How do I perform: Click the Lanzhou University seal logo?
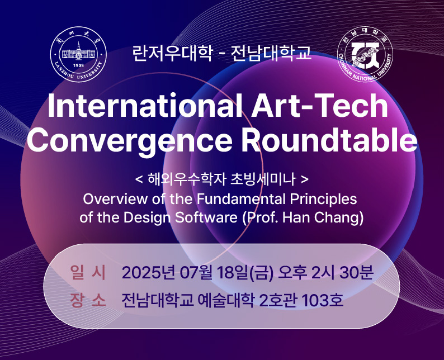pyautogui.click(x=78, y=54)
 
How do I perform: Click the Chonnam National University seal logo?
pyautogui.click(x=365, y=54)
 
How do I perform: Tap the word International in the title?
pyautogui.click(x=145, y=105)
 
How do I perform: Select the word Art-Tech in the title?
pyautogui.click(x=320, y=105)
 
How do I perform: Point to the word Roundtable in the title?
pyautogui.click(x=329, y=139)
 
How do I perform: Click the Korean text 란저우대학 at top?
pyautogui.click(x=172, y=53)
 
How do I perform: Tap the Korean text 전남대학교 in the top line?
pyautogui.click(x=271, y=53)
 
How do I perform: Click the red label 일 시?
pyautogui.click(x=88, y=273)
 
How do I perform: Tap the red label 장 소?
pyautogui.click(x=88, y=300)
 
